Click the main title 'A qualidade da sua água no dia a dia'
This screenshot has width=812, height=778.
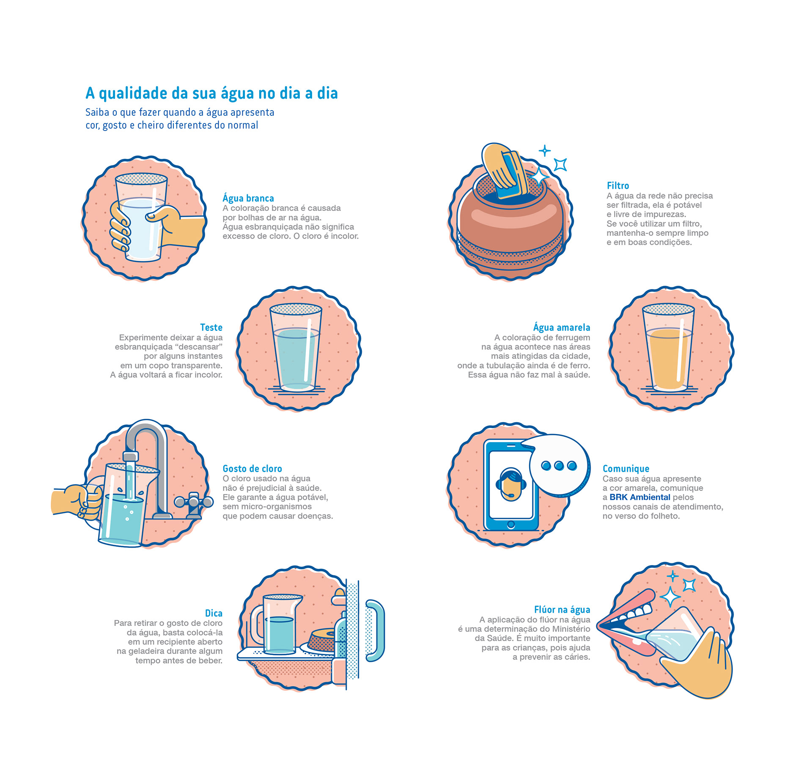[211, 93]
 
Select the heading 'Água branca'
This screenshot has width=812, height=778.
[248, 198]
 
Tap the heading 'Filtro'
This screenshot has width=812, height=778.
[618, 186]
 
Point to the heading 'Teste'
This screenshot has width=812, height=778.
[211, 327]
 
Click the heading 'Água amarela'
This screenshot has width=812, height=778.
[562, 327]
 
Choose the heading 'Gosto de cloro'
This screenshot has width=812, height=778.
[252, 469]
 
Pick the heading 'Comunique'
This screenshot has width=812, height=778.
[626, 469]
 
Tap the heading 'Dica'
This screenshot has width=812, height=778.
[214, 613]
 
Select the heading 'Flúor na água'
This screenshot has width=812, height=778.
[562, 609]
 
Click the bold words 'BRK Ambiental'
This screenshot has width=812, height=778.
[640, 497]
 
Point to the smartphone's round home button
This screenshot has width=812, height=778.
[511, 524]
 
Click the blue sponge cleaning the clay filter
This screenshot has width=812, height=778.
[511, 175]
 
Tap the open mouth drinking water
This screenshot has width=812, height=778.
[626, 623]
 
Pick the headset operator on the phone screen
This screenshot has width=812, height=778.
[511, 485]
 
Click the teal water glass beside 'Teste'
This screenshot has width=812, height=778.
[296, 347]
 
